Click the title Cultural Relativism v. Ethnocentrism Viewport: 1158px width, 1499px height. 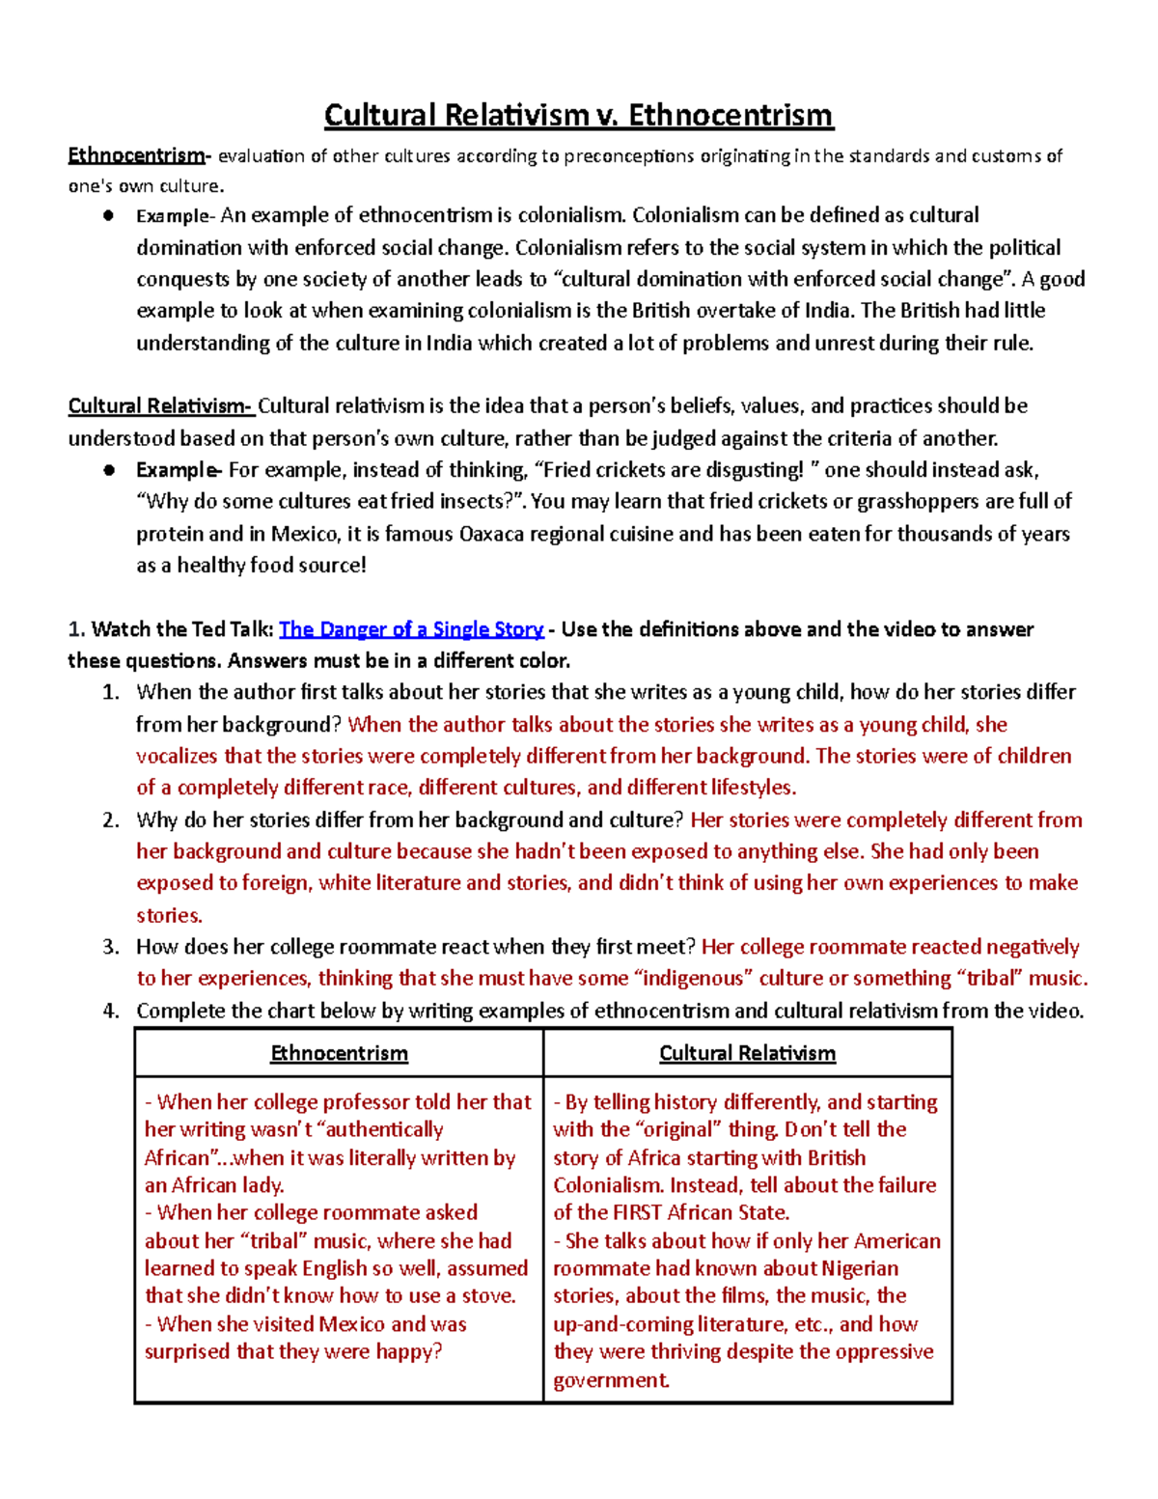pos(578,115)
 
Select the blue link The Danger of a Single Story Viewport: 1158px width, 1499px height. pos(411,629)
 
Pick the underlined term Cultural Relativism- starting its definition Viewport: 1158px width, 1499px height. pos(160,405)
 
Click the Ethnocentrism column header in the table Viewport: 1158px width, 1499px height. pos(339,1053)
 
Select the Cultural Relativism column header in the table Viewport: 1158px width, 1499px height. pos(747,1053)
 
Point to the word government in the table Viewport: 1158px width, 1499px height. pos(610,1380)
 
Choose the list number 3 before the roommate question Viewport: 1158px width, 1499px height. pos(111,947)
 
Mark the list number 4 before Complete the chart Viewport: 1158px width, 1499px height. pos(111,1011)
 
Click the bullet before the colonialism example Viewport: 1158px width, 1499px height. pos(110,215)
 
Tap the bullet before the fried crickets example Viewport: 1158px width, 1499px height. pos(110,470)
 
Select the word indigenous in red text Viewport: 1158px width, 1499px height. pos(694,979)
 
